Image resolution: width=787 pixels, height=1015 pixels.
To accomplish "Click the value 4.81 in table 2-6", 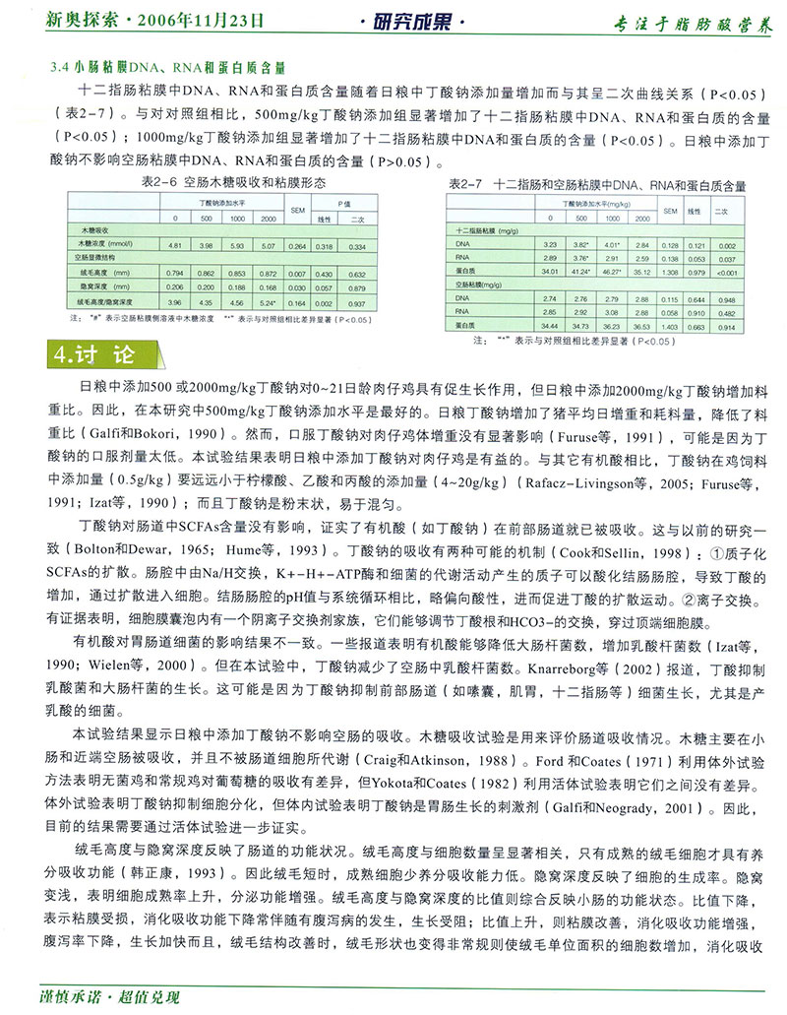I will (175, 243).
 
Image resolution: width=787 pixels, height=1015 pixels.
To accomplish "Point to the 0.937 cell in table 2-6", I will (357, 302).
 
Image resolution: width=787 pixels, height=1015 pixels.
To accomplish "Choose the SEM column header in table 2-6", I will (296, 211).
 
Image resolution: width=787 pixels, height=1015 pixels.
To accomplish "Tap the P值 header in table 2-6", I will (339, 202).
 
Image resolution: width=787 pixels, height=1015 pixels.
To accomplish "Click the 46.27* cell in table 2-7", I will (614, 270).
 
